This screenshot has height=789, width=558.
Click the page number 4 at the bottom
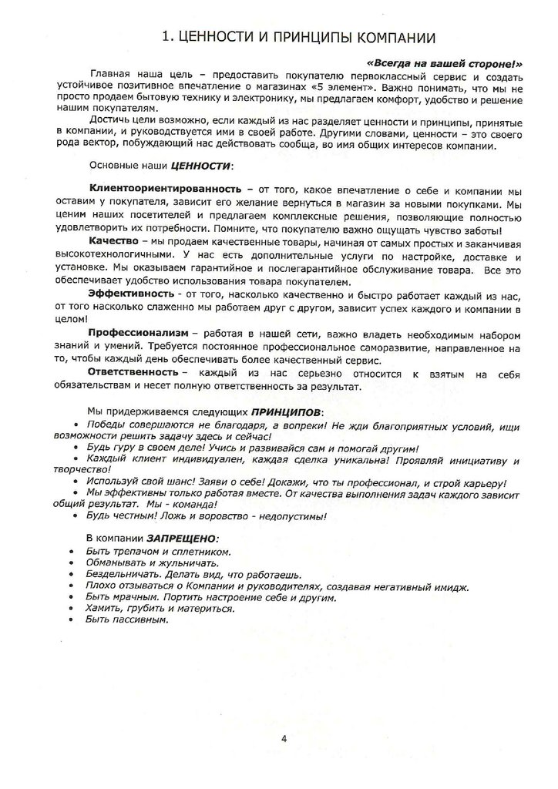[x=284, y=739]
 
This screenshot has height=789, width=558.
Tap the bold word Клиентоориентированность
[x=156, y=189]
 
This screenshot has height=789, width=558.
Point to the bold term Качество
[x=114, y=242]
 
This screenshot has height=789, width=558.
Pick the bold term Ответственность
[x=134, y=372]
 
